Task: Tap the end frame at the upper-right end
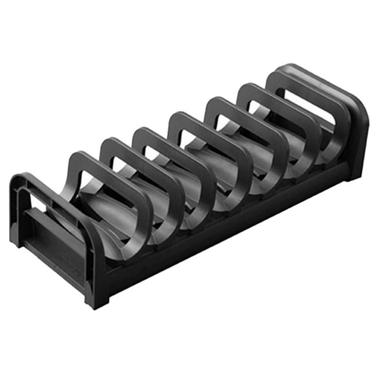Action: [352, 116]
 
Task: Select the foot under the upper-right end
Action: [353, 173]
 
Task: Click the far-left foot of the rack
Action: [15, 240]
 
